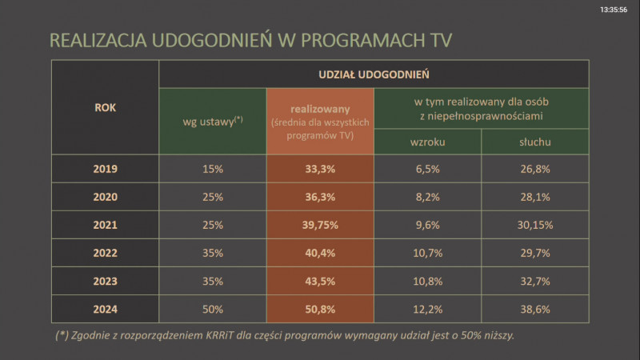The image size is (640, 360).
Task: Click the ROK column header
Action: [105, 107]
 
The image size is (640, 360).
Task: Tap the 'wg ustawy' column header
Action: [212, 121]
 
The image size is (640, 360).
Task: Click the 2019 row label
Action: [105, 169]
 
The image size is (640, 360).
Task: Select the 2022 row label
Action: [105, 254]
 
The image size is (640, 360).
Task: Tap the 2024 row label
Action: [105, 309]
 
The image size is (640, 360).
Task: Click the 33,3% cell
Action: [320, 169]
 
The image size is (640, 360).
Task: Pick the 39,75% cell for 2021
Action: [320, 226]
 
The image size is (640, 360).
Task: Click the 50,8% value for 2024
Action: [320, 309]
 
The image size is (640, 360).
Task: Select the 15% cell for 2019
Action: [212, 169]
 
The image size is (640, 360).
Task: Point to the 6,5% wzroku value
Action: [428, 169]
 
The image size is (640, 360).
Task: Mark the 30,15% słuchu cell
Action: [534, 226]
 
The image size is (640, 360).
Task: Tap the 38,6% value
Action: [534, 309]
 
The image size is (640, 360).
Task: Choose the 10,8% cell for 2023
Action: [428, 282]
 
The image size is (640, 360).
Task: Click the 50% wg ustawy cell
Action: [212, 309]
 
